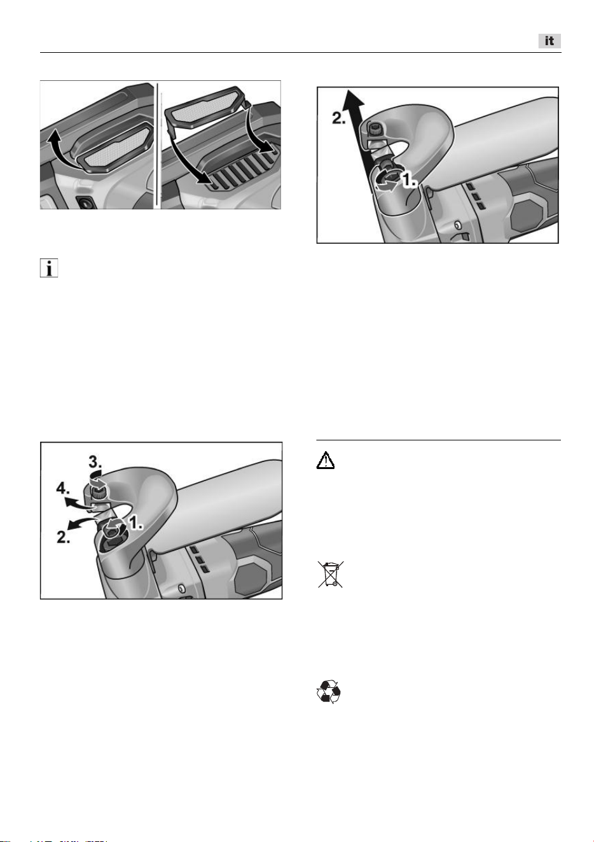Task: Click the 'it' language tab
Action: (x=549, y=41)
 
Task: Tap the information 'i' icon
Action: (x=49, y=268)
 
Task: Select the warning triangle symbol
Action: (x=326, y=460)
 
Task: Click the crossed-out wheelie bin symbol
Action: (x=331, y=574)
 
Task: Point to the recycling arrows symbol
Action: (x=329, y=691)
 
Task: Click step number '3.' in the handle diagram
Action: (x=95, y=461)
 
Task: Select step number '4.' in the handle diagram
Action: (x=63, y=489)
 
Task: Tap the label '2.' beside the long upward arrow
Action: (x=339, y=118)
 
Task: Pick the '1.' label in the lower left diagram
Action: (x=136, y=523)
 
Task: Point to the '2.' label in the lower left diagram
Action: (x=64, y=537)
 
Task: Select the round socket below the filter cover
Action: (x=84, y=203)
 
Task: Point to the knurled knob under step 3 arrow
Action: (x=98, y=489)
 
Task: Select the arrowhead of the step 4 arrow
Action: (x=69, y=501)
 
